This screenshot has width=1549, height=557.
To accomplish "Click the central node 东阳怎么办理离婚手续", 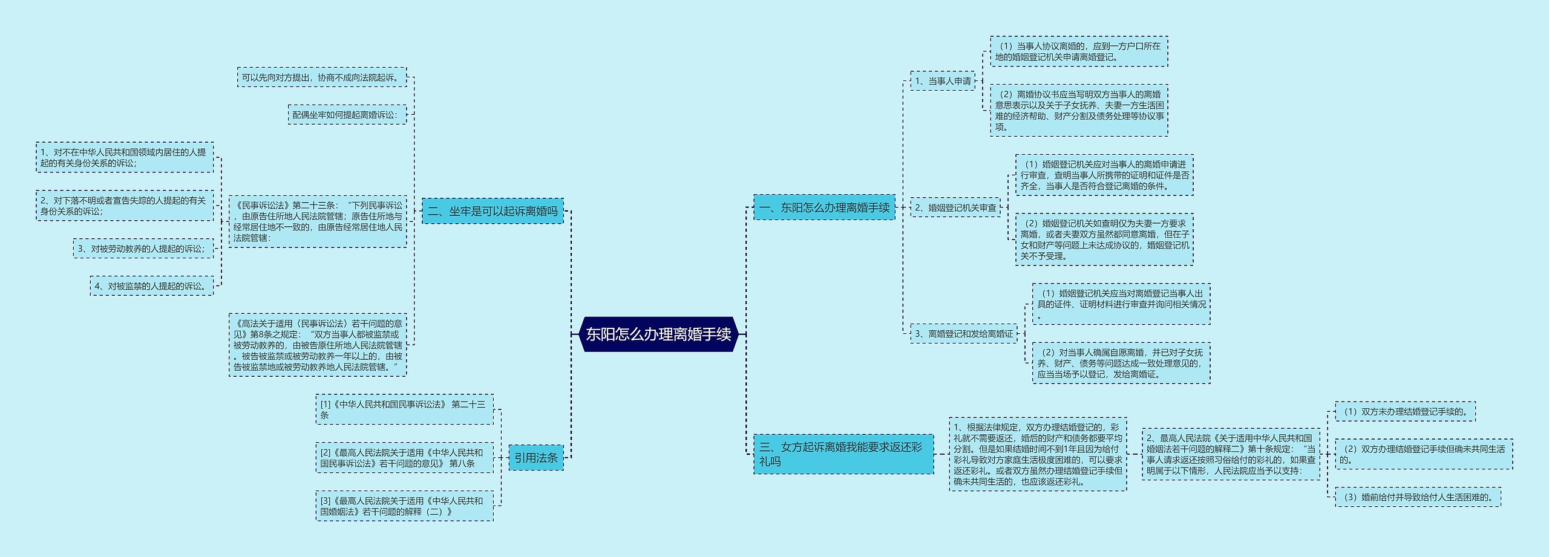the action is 658,334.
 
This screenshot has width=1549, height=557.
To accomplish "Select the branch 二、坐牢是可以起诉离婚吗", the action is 492,211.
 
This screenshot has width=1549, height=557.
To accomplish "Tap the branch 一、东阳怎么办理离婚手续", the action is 824,207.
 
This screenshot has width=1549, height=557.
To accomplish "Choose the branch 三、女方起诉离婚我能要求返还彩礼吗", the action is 843,454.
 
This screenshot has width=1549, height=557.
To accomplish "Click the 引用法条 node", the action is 535,458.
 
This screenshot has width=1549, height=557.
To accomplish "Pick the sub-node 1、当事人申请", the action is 942,80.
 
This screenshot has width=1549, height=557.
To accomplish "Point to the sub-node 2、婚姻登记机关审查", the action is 955,207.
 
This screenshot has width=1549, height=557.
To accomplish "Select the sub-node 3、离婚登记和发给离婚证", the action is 963,333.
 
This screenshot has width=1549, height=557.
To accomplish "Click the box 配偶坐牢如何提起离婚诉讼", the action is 347,114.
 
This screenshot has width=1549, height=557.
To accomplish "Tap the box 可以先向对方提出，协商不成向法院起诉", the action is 322,77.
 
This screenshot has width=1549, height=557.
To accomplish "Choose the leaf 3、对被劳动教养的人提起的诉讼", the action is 143,248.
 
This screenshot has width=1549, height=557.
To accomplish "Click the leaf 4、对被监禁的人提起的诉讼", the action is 152,285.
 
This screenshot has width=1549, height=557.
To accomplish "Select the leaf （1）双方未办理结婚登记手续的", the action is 1405,411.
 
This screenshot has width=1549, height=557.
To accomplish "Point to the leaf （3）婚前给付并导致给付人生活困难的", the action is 1418,497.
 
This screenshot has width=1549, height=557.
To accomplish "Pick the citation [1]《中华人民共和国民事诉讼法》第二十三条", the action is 404,409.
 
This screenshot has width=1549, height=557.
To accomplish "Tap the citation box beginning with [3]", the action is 404,506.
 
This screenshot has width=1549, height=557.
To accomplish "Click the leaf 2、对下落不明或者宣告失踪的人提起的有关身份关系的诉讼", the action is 125,206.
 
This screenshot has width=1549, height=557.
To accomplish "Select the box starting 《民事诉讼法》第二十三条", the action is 318,221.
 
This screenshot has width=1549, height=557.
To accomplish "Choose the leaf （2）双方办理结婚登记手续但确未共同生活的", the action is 1424,454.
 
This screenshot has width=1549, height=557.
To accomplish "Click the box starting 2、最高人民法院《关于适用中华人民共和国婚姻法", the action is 1231,454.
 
